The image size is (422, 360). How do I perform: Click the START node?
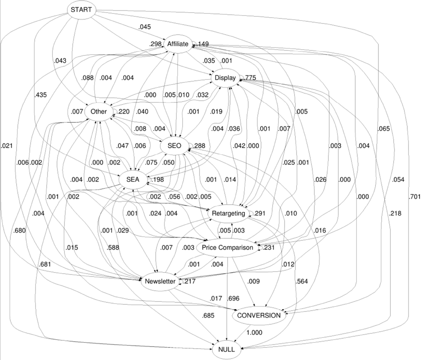point(81,9)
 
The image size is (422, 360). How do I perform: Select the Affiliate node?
point(178,44)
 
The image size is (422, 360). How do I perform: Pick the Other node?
point(98,111)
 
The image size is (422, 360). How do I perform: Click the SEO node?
point(174,146)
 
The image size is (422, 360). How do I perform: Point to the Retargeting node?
point(229,213)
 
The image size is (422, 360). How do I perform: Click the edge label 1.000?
point(254,333)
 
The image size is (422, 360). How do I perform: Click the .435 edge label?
point(41,95)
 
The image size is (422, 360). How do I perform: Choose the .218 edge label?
point(395,213)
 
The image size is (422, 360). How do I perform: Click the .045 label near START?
point(144,27)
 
